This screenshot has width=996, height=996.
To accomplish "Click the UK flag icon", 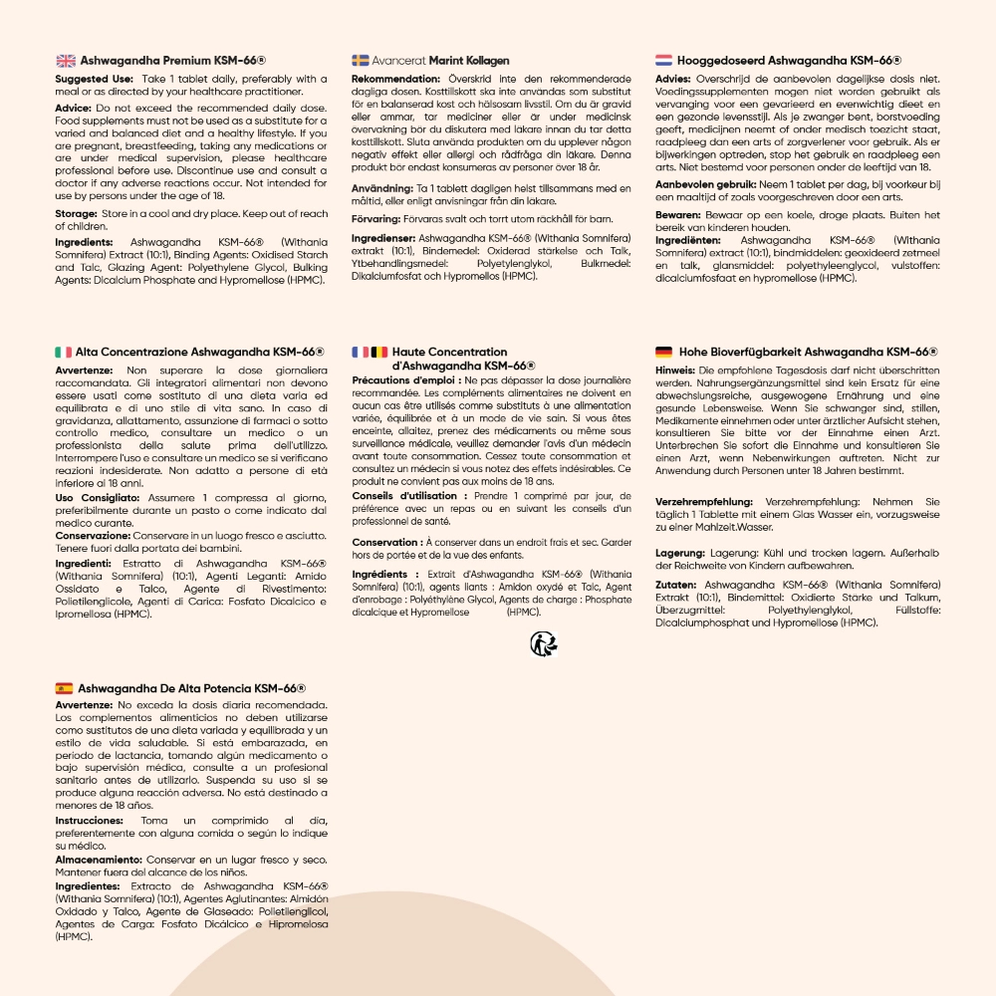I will [66, 61].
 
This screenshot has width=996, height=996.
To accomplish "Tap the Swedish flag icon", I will [361, 61].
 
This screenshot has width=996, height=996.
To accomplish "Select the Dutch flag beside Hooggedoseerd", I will [664, 61].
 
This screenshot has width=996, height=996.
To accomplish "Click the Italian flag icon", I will [63, 352].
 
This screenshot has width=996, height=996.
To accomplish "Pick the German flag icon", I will [664, 352].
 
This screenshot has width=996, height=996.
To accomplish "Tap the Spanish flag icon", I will [64, 687].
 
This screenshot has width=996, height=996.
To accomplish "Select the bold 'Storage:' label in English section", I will [76, 214].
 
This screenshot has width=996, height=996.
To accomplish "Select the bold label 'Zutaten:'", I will [676, 585].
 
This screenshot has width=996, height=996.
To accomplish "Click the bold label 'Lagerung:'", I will [680, 553].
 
